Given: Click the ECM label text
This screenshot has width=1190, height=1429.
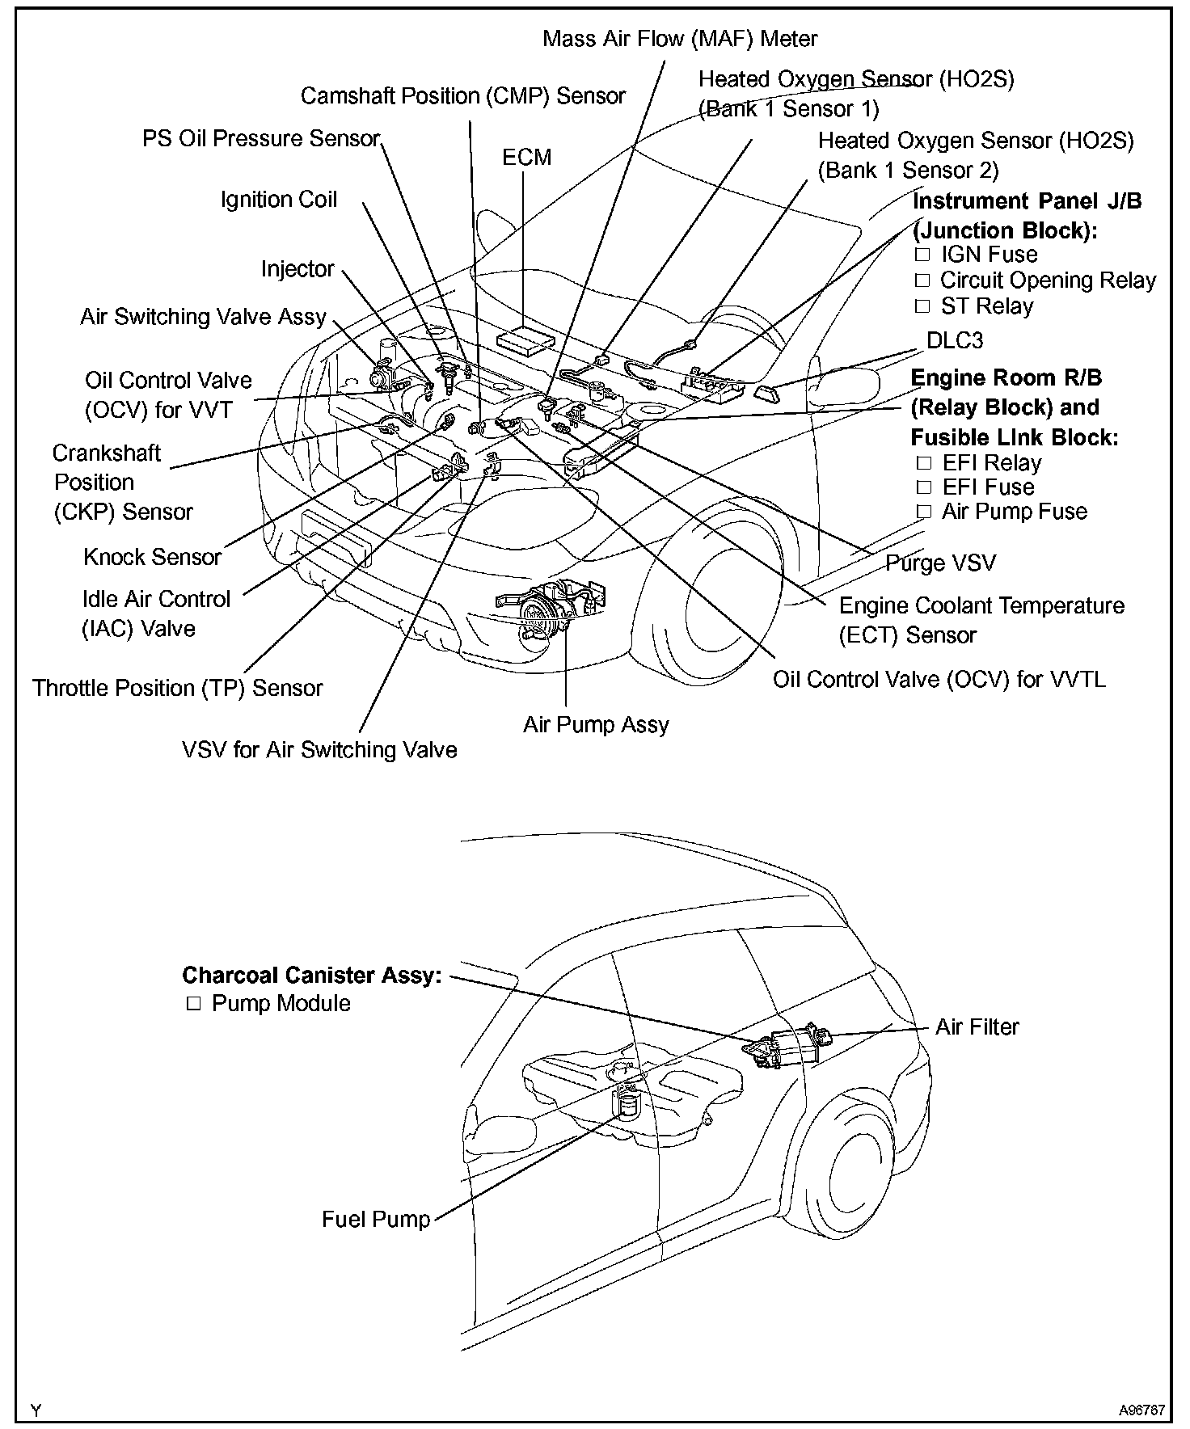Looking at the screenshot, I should click(x=526, y=157).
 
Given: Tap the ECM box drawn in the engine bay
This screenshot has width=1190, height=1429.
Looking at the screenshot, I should click(x=525, y=340).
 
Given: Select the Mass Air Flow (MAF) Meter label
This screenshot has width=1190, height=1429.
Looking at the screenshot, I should click(x=680, y=38).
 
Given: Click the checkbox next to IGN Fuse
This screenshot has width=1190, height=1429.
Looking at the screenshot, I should click(x=923, y=255).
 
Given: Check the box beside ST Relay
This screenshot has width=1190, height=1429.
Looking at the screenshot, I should click(x=923, y=307).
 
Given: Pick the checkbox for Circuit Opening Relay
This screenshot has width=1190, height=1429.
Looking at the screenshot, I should click(x=923, y=281).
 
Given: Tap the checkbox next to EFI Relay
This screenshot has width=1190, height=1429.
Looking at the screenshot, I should click(x=924, y=464).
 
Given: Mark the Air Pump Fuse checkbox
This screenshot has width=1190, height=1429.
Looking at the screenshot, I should click(x=924, y=512).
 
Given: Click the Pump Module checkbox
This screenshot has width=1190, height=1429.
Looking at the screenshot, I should click(x=193, y=1004).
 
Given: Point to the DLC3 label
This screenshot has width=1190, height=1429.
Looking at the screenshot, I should click(x=955, y=340).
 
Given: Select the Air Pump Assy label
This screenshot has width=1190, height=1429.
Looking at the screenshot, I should click(x=596, y=724).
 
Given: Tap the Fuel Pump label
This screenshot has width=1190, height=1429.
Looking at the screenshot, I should click(x=376, y=1219).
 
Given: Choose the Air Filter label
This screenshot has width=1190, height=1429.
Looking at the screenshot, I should click(x=977, y=1026).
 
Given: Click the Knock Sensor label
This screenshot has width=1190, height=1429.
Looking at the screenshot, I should click(x=152, y=557).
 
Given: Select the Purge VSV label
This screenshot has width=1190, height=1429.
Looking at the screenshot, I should click(x=941, y=563).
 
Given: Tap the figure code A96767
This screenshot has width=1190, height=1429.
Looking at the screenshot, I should click(x=1141, y=1410).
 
